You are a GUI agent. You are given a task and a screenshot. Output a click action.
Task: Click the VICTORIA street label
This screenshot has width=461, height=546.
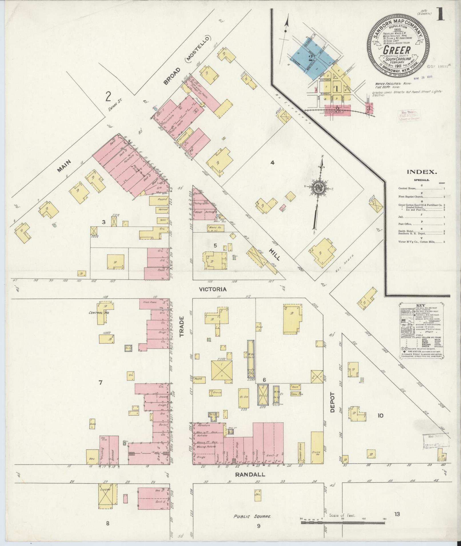(213, 289)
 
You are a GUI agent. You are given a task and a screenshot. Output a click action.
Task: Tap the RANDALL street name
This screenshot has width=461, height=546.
(250, 475)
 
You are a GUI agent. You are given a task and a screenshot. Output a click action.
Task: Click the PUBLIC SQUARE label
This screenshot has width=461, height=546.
(252, 516)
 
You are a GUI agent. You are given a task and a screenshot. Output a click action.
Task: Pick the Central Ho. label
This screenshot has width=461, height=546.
(96, 313)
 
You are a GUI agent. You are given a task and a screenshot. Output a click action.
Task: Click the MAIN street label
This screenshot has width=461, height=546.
(64, 166)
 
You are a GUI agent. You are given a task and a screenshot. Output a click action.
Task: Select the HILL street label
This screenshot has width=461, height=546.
(274, 253)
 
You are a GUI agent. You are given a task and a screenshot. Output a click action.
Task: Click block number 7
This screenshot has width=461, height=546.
(100, 383)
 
